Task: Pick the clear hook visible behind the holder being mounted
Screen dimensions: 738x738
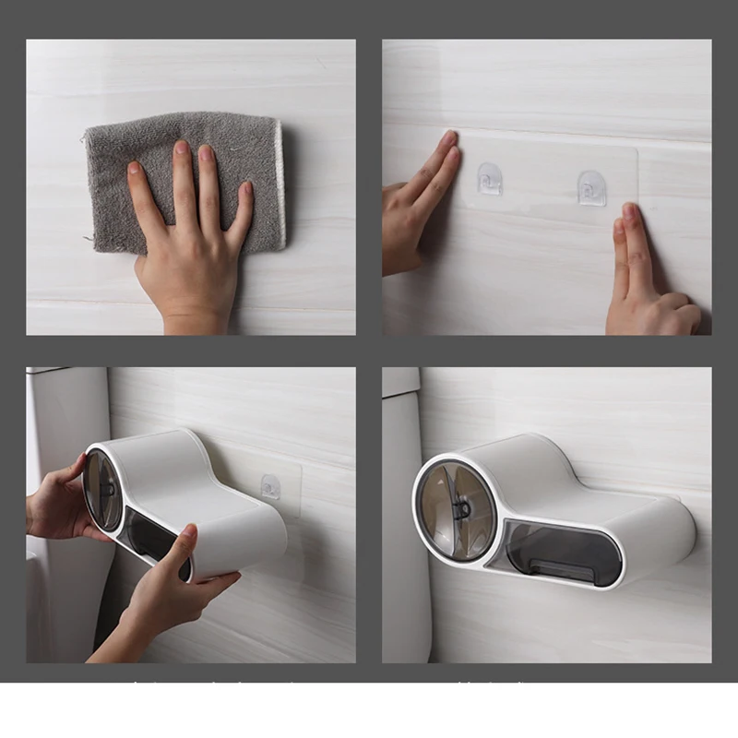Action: [x=269, y=486]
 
